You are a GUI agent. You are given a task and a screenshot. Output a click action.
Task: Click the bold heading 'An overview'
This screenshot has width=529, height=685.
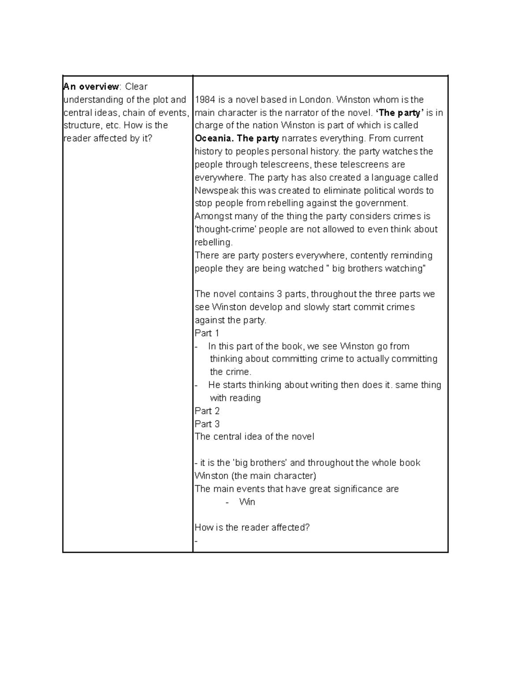point(91,86)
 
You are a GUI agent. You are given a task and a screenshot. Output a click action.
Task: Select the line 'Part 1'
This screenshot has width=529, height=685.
point(207,333)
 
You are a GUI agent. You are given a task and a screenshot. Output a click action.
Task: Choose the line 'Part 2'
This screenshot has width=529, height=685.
point(207,411)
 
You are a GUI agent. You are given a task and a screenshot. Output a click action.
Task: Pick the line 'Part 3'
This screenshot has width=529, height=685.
point(207,424)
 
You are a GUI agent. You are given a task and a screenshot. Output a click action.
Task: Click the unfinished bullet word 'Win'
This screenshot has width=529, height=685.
point(247,502)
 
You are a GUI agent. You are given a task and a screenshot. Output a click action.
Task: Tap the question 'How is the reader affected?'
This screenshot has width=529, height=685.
point(252,528)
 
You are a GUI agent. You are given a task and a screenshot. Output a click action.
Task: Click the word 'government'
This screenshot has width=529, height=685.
point(386,203)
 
